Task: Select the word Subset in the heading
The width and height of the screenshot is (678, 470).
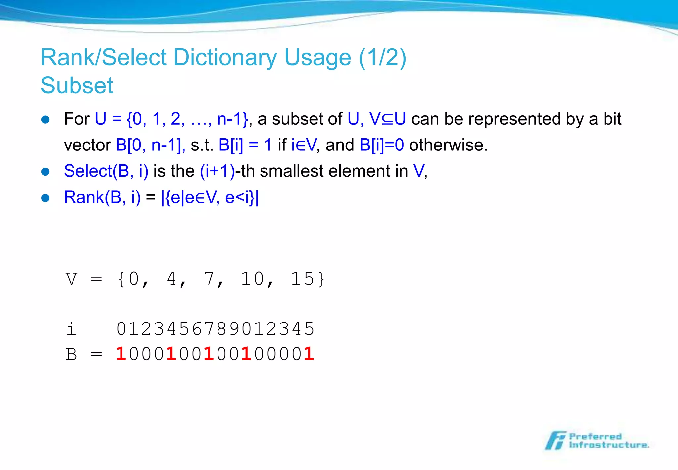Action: pyautogui.click(x=77, y=86)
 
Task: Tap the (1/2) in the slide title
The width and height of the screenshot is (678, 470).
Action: pyautogui.click(x=382, y=58)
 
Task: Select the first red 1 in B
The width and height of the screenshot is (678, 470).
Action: pyautogui.click(x=121, y=354)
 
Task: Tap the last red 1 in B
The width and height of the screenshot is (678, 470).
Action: pyautogui.click(x=309, y=354)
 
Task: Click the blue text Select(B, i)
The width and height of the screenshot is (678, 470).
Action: pyautogui.click(x=106, y=171)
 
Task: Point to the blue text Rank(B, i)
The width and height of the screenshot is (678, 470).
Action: pyautogui.click(x=102, y=197)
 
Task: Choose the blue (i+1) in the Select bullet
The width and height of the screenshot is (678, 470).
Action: pyautogui.click(x=217, y=171)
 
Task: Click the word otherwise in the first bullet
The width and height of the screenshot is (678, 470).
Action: pyautogui.click(x=448, y=145)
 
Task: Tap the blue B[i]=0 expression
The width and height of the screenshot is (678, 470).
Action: pyautogui.click(x=381, y=145)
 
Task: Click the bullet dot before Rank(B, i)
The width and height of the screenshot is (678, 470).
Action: pyautogui.click(x=45, y=198)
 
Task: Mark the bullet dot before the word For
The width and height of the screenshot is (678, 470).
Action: pyautogui.click(x=45, y=119)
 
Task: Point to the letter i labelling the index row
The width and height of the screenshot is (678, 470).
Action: pyautogui.click(x=71, y=329)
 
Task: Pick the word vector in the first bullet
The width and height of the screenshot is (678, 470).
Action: pyautogui.click(x=87, y=145)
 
